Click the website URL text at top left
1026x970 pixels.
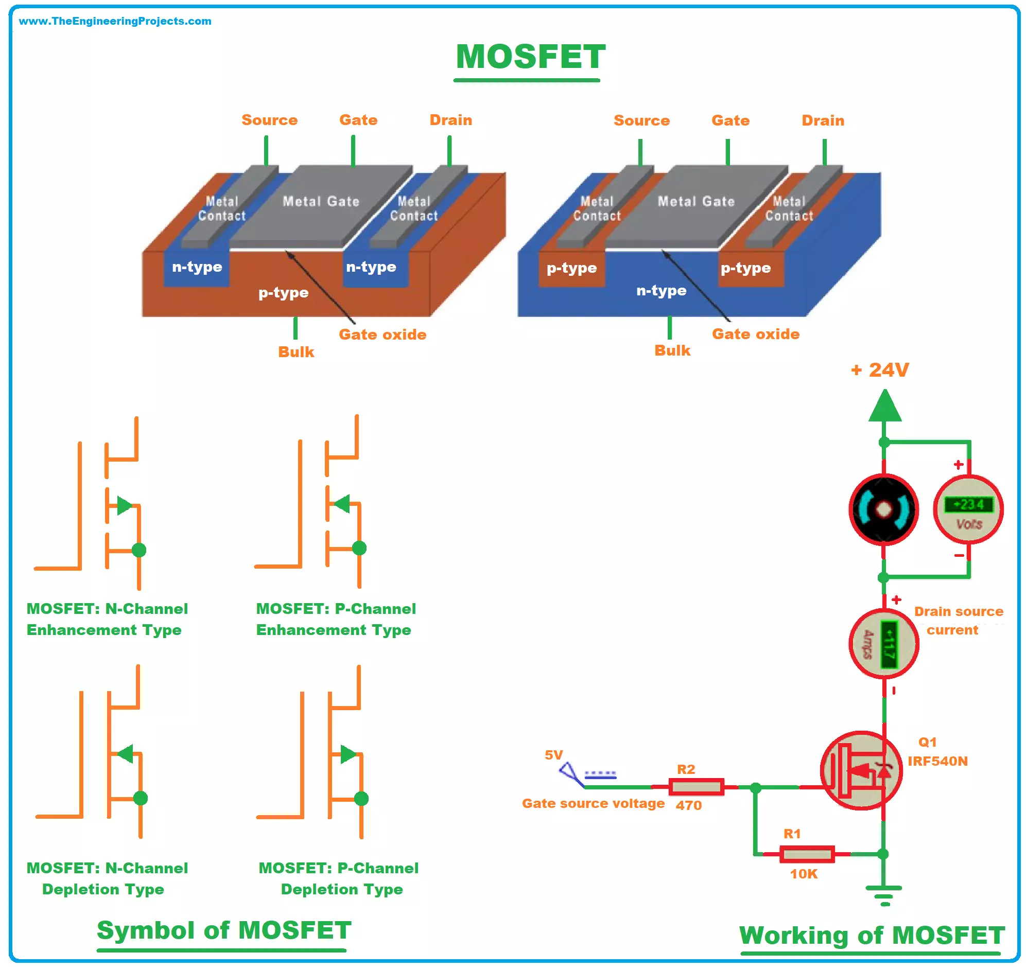pyautogui.click(x=115, y=21)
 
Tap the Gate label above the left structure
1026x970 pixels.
pyautogui.click(x=358, y=120)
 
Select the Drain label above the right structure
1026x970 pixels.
pyautogui.click(x=822, y=120)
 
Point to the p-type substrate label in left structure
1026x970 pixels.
pyautogui.click(x=283, y=293)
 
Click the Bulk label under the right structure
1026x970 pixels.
pyautogui.click(x=672, y=350)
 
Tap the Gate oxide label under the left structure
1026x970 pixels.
pyautogui.click(x=382, y=334)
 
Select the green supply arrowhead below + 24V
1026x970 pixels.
pyautogui.click(x=884, y=407)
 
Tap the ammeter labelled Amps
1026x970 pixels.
pyautogui.click(x=883, y=644)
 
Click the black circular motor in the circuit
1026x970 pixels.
pyautogui.click(x=883, y=510)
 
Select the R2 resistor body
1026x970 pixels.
pyautogui.click(x=695, y=787)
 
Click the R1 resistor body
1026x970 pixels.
pyautogui.click(x=806, y=854)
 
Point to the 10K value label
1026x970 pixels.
pyautogui.click(x=803, y=874)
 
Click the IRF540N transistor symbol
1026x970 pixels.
pyautogui.click(x=861, y=770)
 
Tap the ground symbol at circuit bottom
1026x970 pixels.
pyautogui.click(x=884, y=894)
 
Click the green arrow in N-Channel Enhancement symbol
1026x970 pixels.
pyautogui.click(x=124, y=505)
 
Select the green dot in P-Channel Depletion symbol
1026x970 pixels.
pyautogui.click(x=361, y=799)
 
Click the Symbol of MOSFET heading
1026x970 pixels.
pyautogui.click(x=223, y=931)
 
